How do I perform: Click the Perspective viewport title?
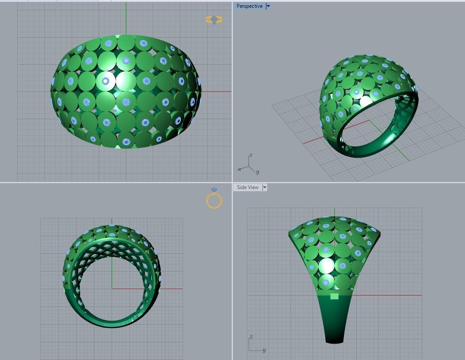pos(249,6)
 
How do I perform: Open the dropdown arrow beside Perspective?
pos(268,6)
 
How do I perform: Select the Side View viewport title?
pos(247,187)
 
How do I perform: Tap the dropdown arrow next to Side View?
pos(265,187)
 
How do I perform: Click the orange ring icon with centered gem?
pos(214,20)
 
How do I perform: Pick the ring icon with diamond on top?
pos(214,199)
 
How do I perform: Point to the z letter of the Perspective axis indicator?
pos(250,155)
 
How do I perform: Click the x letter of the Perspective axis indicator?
pos(240,169)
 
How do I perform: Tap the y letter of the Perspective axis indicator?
pos(257,172)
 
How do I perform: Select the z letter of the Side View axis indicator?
pos(251,337)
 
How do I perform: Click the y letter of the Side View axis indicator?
pos(264,350)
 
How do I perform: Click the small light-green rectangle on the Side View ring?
pos(334,296)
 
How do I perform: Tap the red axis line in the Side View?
pos(389,295)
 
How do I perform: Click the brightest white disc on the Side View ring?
pos(327,265)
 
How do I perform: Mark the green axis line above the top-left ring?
pos(126,17)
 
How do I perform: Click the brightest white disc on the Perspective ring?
pos(366,102)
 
